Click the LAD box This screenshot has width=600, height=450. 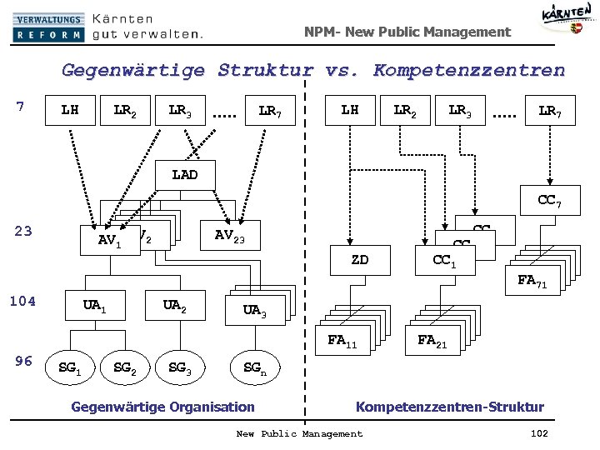(184, 175)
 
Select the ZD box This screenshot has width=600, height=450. (359, 259)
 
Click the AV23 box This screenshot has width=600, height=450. (229, 235)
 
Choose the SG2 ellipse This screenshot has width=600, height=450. (127, 367)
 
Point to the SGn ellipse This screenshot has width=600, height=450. (255, 367)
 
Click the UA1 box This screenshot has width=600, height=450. (93, 306)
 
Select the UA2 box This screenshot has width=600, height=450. (173, 306)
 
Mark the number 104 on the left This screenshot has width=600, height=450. (23, 301)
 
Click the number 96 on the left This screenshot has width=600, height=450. (24, 361)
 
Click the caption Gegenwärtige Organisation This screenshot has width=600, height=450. (163, 407)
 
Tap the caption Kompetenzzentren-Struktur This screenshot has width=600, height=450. (450, 407)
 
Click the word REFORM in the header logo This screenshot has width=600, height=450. (47, 35)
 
